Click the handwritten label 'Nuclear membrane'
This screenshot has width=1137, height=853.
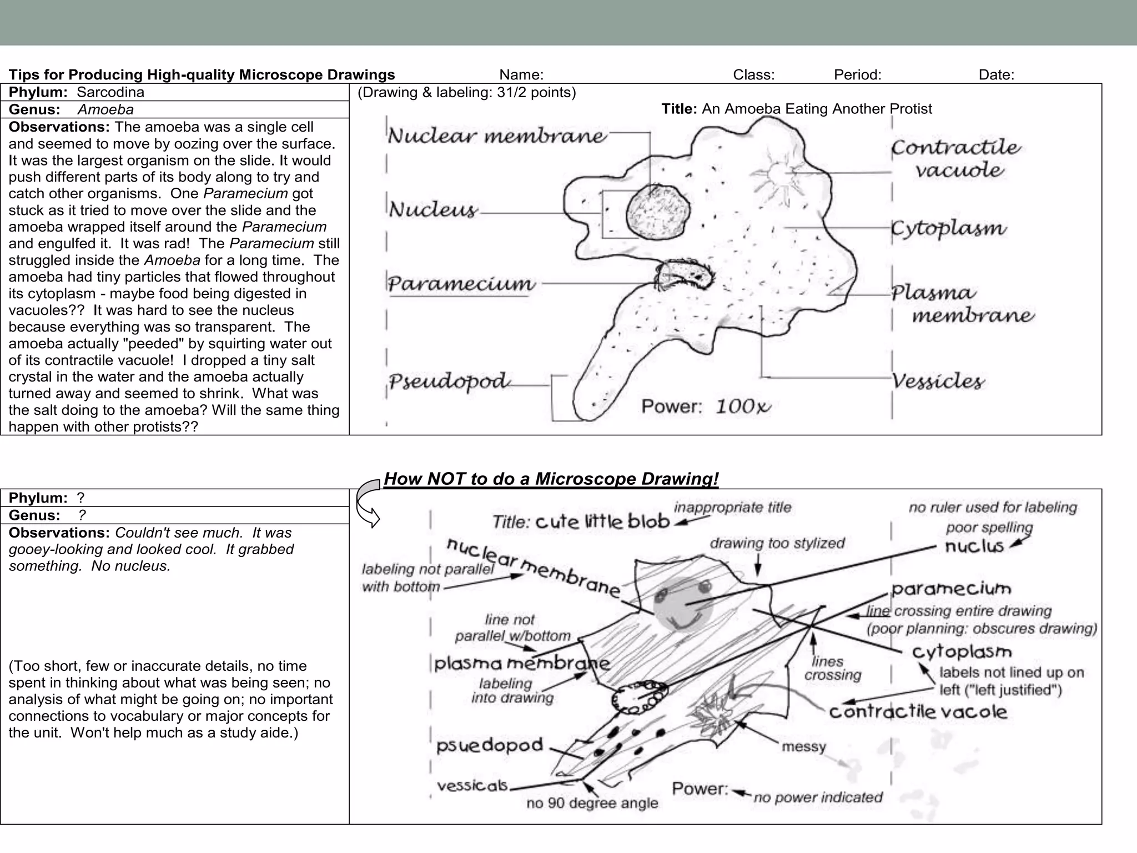click(497, 136)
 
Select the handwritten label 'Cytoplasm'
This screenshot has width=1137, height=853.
click(948, 228)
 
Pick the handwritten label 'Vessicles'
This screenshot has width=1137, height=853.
click(938, 381)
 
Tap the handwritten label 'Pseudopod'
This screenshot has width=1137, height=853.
click(449, 382)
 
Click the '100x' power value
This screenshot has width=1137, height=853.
click(743, 407)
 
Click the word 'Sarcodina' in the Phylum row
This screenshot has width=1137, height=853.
click(110, 92)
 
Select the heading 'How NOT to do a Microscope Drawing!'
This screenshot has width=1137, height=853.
click(551, 479)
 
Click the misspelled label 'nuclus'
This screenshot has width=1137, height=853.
click(974, 546)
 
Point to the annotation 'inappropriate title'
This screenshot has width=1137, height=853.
click(732, 507)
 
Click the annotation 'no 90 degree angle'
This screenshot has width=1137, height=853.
click(592, 803)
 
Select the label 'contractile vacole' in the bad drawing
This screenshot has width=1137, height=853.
click(918, 712)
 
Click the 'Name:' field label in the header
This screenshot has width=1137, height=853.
click(521, 74)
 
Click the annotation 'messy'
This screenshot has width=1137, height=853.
click(803, 747)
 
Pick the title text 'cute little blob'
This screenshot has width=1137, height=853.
click(602, 521)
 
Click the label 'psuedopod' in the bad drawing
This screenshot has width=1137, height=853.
click(489, 745)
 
